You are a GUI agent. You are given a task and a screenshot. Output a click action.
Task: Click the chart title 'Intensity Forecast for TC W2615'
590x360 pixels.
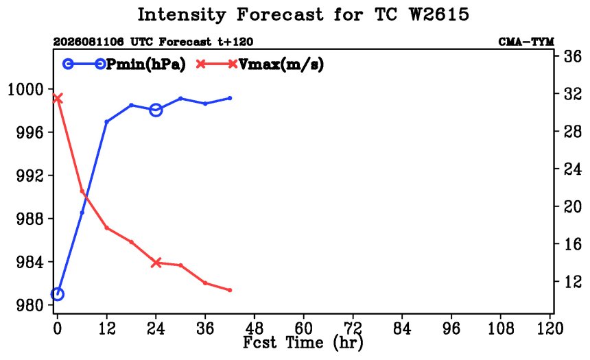pyautogui.click(x=303, y=15)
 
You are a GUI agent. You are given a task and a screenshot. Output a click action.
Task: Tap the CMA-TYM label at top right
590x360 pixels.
pyautogui.click(x=526, y=42)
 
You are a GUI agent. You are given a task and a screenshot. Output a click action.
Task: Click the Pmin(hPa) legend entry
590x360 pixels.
pyautogui.click(x=124, y=64)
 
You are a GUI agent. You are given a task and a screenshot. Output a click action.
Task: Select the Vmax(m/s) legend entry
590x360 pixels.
pyautogui.click(x=259, y=64)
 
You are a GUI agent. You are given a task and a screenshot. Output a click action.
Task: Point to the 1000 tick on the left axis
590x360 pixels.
pyautogui.click(x=25, y=90)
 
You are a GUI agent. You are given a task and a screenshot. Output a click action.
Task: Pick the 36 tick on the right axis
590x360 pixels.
pyautogui.click(x=572, y=57)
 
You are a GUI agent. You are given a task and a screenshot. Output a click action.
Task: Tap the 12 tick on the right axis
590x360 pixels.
pyautogui.click(x=572, y=281)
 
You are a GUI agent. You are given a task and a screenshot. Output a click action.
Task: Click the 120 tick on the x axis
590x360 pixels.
pyautogui.click(x=550, y=328)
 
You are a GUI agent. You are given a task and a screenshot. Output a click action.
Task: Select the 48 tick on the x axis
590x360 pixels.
pyautogui.click(x=255, y=328)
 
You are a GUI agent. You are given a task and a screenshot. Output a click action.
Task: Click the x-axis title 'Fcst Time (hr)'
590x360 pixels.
pyautogui.click(x=303, y=342)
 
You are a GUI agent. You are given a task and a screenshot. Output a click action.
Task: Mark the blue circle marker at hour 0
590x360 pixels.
pyautogui.click(x=57, y=294)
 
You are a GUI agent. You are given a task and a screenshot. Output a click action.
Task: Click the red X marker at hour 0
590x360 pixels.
pyautogui.click(x=57, y=99)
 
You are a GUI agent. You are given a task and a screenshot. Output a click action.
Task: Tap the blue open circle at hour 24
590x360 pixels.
pyautogui.click(x=156, y=110)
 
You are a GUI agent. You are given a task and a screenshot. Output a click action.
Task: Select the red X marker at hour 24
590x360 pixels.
pyautogui.click(x=156, y=263)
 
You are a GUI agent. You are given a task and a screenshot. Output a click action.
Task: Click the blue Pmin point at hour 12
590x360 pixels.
pyautogui.click(x=106, y=122)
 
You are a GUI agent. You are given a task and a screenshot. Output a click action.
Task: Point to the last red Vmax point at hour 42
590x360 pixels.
pyautogui.click(x=230, y=290)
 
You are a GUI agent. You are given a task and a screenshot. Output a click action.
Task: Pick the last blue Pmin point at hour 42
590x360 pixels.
pyautogui.click(x=230, y=98)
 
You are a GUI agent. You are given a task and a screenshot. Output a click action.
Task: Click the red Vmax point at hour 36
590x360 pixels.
pyautogui.click(x=205, y=283)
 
